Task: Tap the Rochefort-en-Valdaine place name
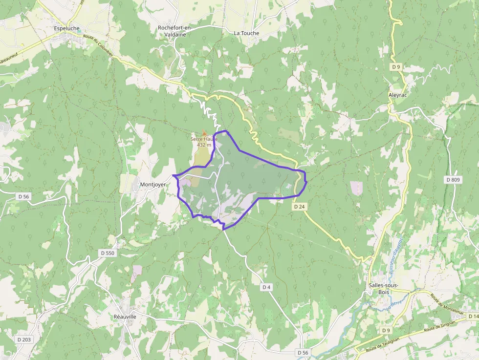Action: (x=174, y=31)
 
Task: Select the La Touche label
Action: (x=246, y=33)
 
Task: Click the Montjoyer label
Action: (x=153, y=185)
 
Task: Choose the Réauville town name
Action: (x=125, y=317)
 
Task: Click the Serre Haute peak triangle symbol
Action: (x=204, y=133)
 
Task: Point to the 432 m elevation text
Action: (x=204, y=145)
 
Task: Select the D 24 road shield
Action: (x=300, y=207)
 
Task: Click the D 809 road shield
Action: (x=453, y=180)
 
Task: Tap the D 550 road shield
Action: (x=107, y=253)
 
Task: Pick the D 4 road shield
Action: (x=266, y=287)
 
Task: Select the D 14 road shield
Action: (x=473, y=317)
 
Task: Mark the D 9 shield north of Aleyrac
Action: (x=396, y=66)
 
